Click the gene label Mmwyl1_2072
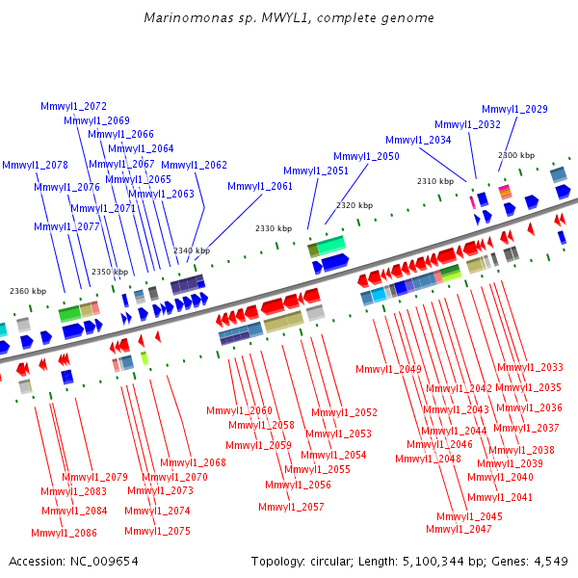pos(73,106)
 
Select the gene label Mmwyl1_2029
pos(514,110)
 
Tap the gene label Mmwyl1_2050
pos(366,156)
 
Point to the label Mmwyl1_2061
pos(260,186)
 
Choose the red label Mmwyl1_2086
pos(64,533)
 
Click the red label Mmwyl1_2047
pos(459,529)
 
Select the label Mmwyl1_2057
pos(291,507)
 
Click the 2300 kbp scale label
pos(516,155)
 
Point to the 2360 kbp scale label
pos(27,291)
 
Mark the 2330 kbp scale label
pos(273,228)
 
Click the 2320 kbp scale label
pos(354,205)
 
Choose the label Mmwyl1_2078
pos(35,165)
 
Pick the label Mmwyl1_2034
pos(418,140)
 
